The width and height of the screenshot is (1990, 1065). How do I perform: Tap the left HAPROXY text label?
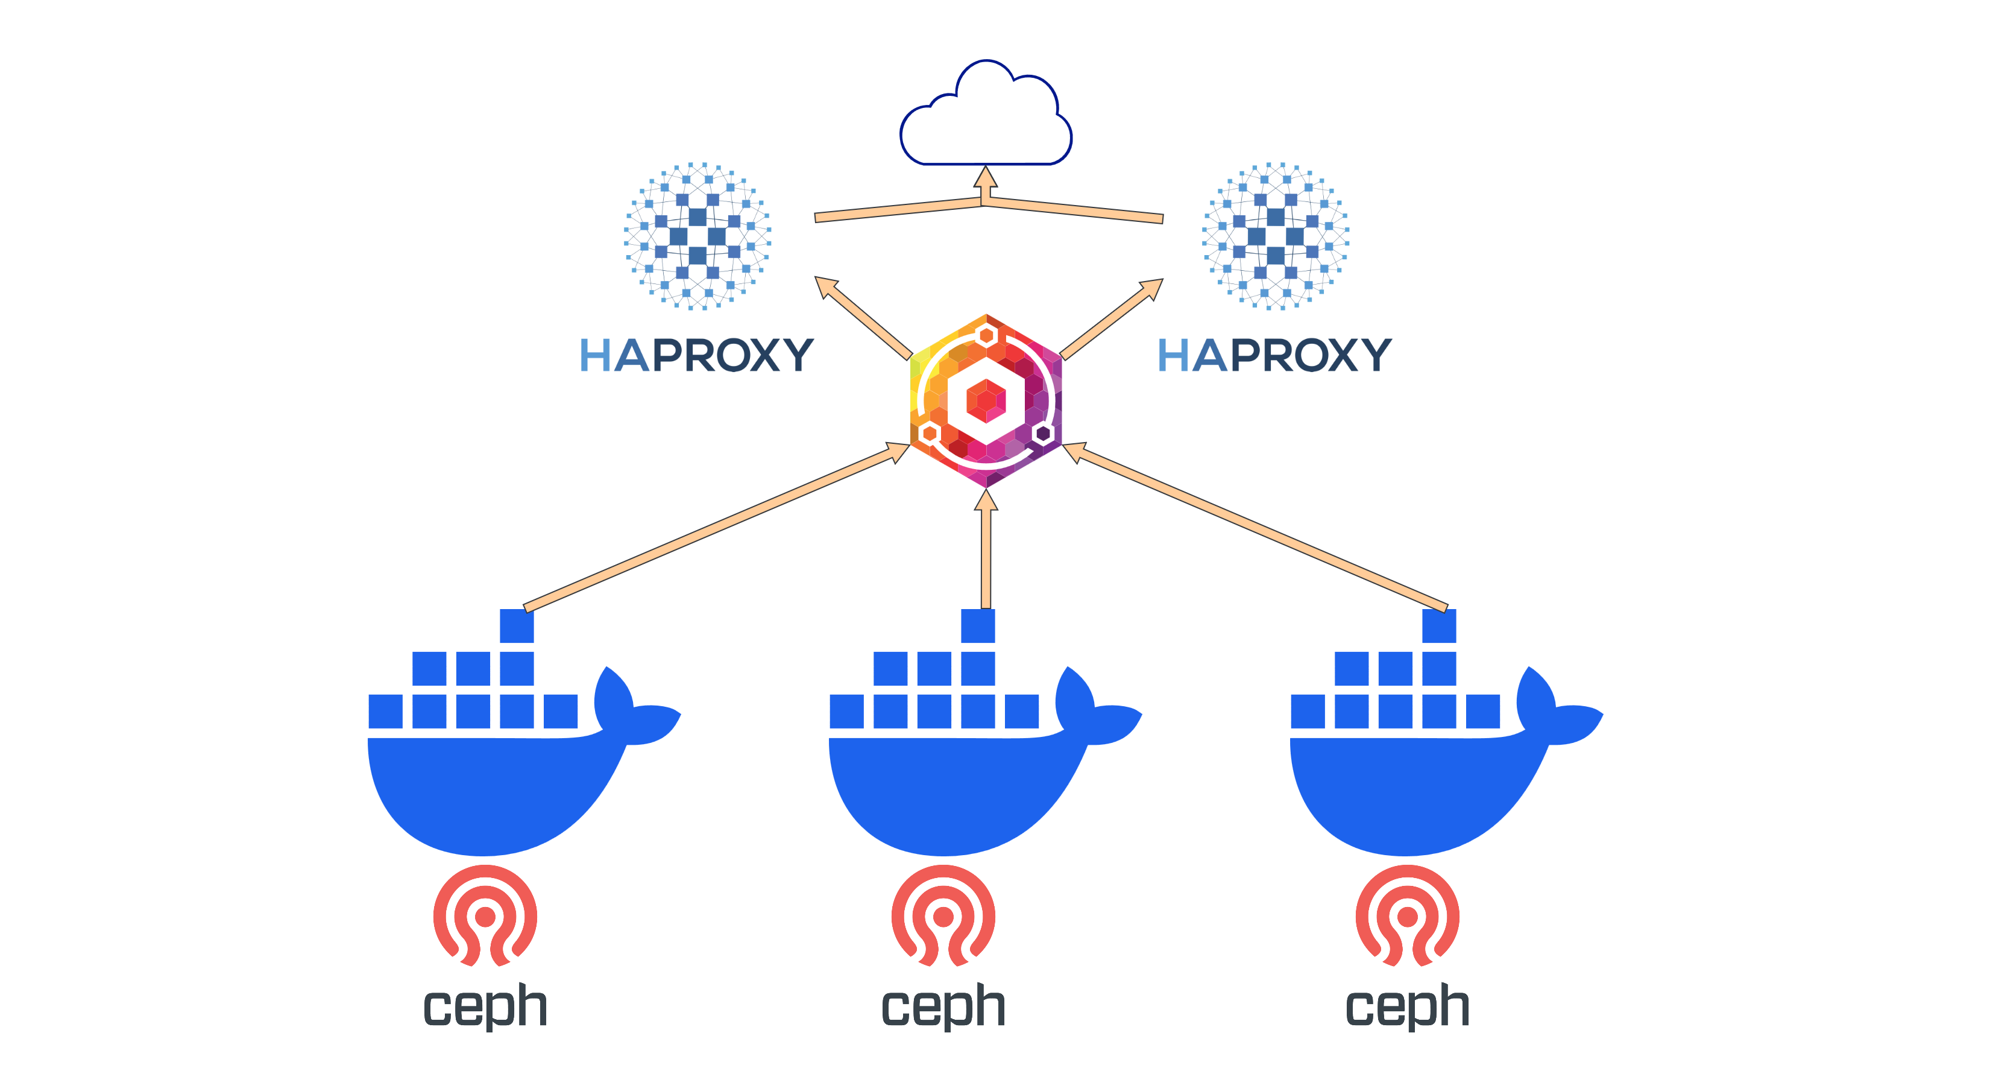point(696,356)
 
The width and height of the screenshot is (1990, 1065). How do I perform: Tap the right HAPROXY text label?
point(1274,356)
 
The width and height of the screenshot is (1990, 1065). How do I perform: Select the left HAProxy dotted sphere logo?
point(697,236)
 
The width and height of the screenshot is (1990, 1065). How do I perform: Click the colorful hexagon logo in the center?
point(986,400)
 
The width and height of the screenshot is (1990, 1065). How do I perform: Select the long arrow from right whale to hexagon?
point(1255,527)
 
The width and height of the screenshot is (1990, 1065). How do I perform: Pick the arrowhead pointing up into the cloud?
point(986,178)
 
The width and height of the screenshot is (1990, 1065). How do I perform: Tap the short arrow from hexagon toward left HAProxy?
point(864,318)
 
